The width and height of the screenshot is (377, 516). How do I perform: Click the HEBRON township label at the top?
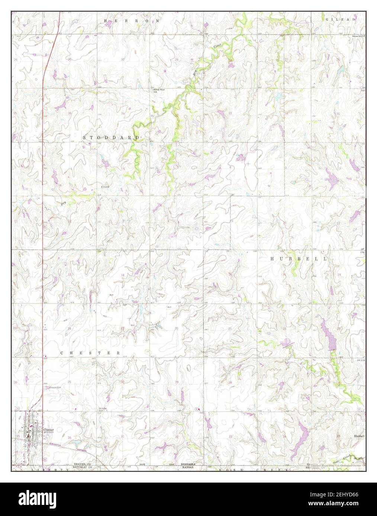132,21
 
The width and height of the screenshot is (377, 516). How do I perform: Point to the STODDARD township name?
111,137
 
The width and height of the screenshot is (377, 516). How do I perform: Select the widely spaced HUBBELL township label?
299,259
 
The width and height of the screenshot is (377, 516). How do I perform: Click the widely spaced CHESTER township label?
90,353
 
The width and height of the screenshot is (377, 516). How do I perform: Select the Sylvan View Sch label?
157,91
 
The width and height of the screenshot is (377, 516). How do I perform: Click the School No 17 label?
357,36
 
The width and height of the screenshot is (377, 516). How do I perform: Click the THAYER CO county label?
82,464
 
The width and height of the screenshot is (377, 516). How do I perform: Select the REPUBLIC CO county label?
82,467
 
